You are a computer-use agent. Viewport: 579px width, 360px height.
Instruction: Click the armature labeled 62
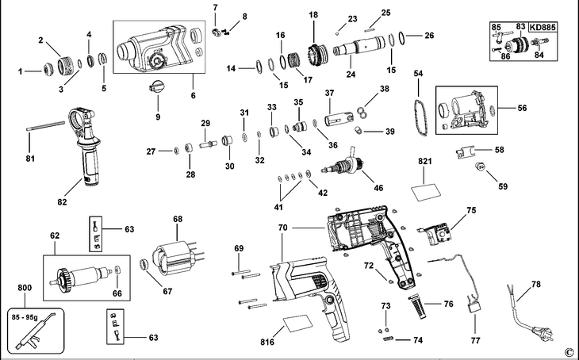[x=82, y=278]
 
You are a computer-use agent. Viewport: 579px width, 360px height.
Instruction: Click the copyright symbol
[x=568, y=351]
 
